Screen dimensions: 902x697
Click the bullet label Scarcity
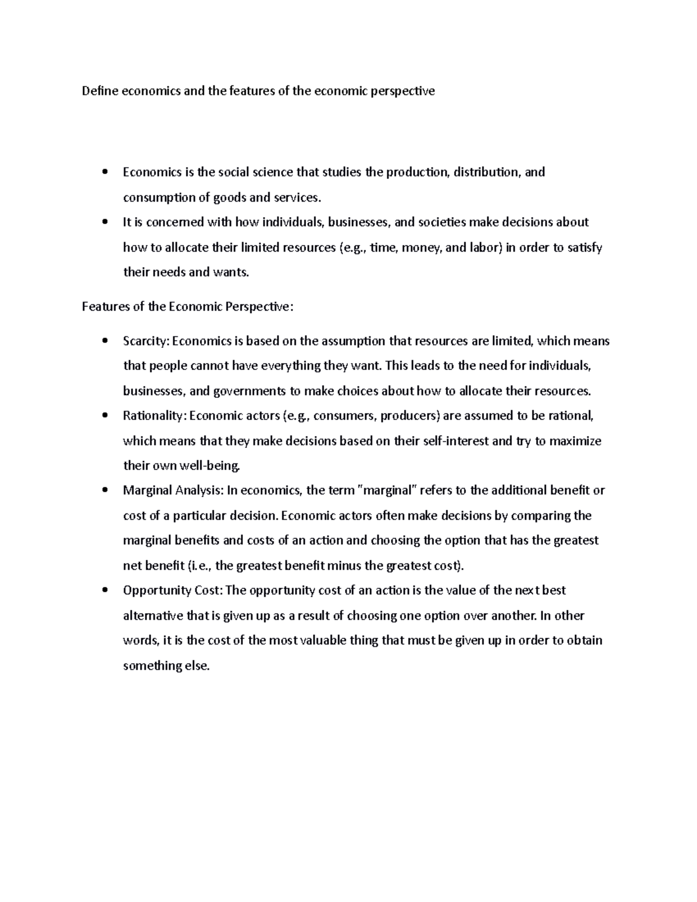(145, 341)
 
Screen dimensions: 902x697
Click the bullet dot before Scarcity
(104, 342)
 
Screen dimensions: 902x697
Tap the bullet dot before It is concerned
(104, 222)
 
